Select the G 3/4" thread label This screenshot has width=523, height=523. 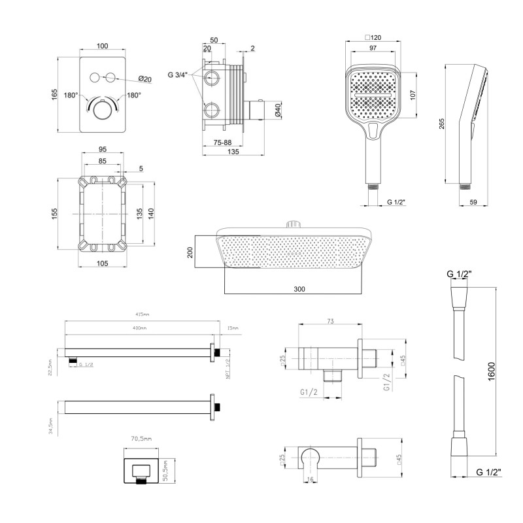(x=178, y=75)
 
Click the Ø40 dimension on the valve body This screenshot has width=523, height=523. (x=277, y=112)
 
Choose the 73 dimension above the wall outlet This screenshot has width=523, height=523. (x=331, y=321)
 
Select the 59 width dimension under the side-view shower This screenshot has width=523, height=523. (x=475, y=203)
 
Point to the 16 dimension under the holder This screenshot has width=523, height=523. (x=309, y=480)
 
